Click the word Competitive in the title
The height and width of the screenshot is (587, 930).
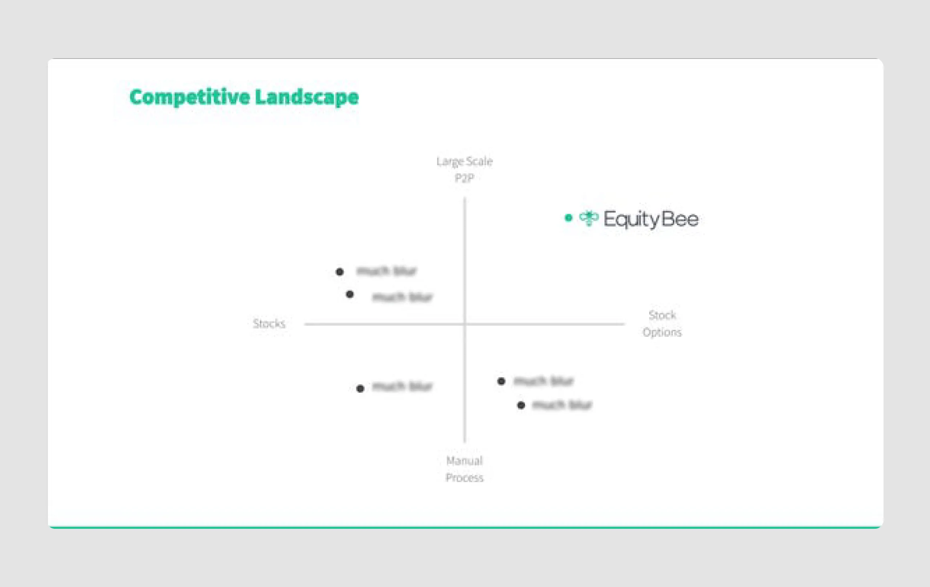pyautogui.click(x=190, y=97)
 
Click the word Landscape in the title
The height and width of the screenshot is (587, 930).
pyautogui.click(x=307, y=97)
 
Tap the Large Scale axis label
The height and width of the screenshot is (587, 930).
pyautogui.click(x=465, y=161)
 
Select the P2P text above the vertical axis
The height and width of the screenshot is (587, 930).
pyautogui.click(x=464, y=178)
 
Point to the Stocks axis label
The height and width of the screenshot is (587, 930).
pyautogui.click(x=269, y=324)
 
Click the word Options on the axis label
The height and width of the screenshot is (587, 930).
pyautogui.click(x=662, y=332)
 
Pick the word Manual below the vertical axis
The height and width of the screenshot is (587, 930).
pyautogui.click(x=465, y=461)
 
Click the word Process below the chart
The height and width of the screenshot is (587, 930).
pyautogui.click(x=465, y=478)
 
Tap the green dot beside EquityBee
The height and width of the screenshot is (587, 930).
pyautogui.click(x=568, y=218)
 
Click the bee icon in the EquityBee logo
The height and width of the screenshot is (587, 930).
pyautogui.click(x=589, y=219)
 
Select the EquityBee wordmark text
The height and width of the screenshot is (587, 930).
pyautogui.click(x=651, y=219)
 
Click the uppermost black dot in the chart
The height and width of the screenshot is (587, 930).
pyautogui.click(x=339, y=272)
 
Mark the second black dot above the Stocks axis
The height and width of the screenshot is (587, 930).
pyautogui.click(x=349, y=295)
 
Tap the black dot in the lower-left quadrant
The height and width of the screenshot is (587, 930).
pyautogui.click(x=360, y=389)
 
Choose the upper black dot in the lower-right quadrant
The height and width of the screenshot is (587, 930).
pyautogui.click(x=501, y=382)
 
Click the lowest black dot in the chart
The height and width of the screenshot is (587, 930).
pyautogui.click(x=521, y=405)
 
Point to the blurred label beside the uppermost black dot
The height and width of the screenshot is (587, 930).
pyautogui.click(x=387, y=271)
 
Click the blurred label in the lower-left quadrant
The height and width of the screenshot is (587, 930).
pyautogui.click(x=403, y=386)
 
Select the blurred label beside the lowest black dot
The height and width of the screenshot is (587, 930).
pyautogui.click(x=562, y=405)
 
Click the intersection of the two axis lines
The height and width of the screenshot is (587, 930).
pyautogui.click(x=465, y=324)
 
